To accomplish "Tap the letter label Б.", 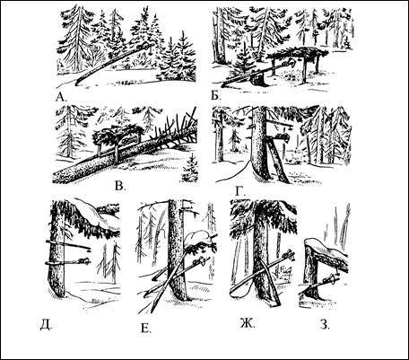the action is (215, 96).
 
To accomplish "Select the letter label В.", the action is (120, 186).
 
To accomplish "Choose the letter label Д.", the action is (46, 324).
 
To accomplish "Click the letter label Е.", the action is (145, 329).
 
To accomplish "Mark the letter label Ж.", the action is (248, 323).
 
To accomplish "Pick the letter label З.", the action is (325, 324).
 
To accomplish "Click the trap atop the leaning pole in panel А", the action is (144, 47).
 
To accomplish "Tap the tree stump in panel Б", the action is (258, 80).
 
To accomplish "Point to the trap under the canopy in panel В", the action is (129, 139).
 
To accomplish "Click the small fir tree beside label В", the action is (190, 169).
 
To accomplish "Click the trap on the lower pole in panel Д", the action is (83, 260).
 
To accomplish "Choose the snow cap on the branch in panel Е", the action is (198, 238).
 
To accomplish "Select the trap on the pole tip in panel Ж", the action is (288, 255).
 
